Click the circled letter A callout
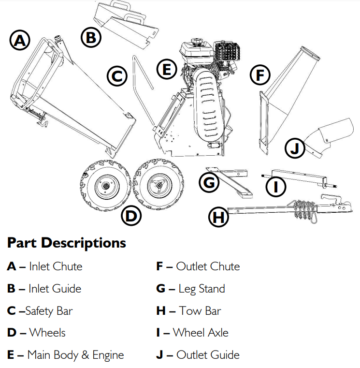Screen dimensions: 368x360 [20, 41]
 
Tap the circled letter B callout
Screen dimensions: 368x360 [91, 37]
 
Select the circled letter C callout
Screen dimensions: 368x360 [116, 76]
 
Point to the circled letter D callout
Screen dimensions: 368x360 [131, 216]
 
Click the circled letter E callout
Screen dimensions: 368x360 [167, 70]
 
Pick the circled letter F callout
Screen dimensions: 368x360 [260, 75]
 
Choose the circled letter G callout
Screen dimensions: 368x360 [209, 182]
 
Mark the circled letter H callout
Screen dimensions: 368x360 [218, 217]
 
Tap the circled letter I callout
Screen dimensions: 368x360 [276, 186]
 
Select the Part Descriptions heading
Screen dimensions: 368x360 [67, 243]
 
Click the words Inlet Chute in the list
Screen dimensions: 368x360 [56, 266]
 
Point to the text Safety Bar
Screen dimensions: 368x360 [49, 310]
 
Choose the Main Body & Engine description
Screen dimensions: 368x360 [75, 355]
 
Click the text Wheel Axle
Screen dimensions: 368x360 [201, 333]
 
